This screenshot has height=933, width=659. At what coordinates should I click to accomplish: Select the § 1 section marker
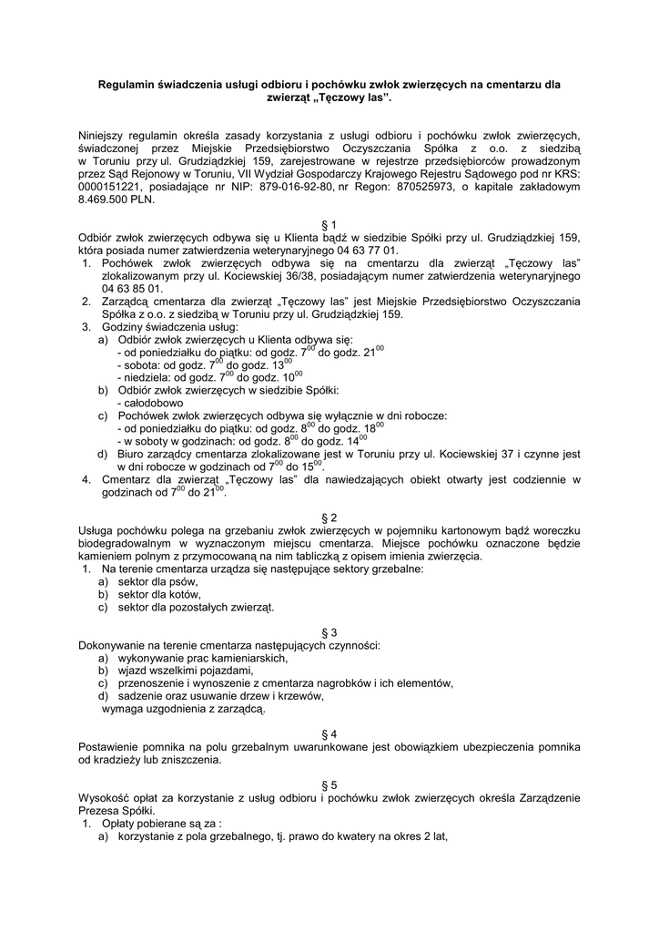point(329,224)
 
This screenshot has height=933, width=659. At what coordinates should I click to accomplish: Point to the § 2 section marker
point(329,517)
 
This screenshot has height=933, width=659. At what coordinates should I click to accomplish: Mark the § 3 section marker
point(329,631)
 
